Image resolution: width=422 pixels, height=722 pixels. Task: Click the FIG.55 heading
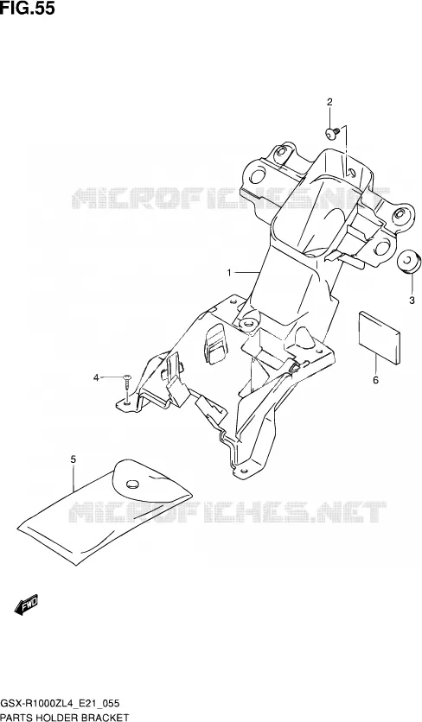[27, 8]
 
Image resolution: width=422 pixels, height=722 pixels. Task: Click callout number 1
[229, 273]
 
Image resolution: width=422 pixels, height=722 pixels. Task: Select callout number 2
[329, 102]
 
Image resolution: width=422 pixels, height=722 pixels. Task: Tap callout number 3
[412, 301]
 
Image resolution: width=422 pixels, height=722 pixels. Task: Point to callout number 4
[96, 378]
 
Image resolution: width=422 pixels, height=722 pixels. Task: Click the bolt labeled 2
[332, 132]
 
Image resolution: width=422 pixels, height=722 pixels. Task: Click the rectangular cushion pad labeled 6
[379, 338]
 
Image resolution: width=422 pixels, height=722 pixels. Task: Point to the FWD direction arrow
[26, 605]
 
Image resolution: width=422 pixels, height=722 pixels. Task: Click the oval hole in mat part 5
[132, 484]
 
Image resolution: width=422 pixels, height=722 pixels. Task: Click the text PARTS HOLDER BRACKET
[64, 717]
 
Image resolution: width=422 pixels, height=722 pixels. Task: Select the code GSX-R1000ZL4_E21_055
[60, 703]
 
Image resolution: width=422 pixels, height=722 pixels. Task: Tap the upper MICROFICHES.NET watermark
[231, 198]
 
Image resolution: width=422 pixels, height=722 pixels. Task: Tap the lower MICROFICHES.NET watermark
[227, 511]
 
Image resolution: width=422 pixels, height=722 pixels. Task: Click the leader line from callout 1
[247, 273]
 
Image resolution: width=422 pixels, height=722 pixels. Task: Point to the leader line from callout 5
[74, 478]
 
